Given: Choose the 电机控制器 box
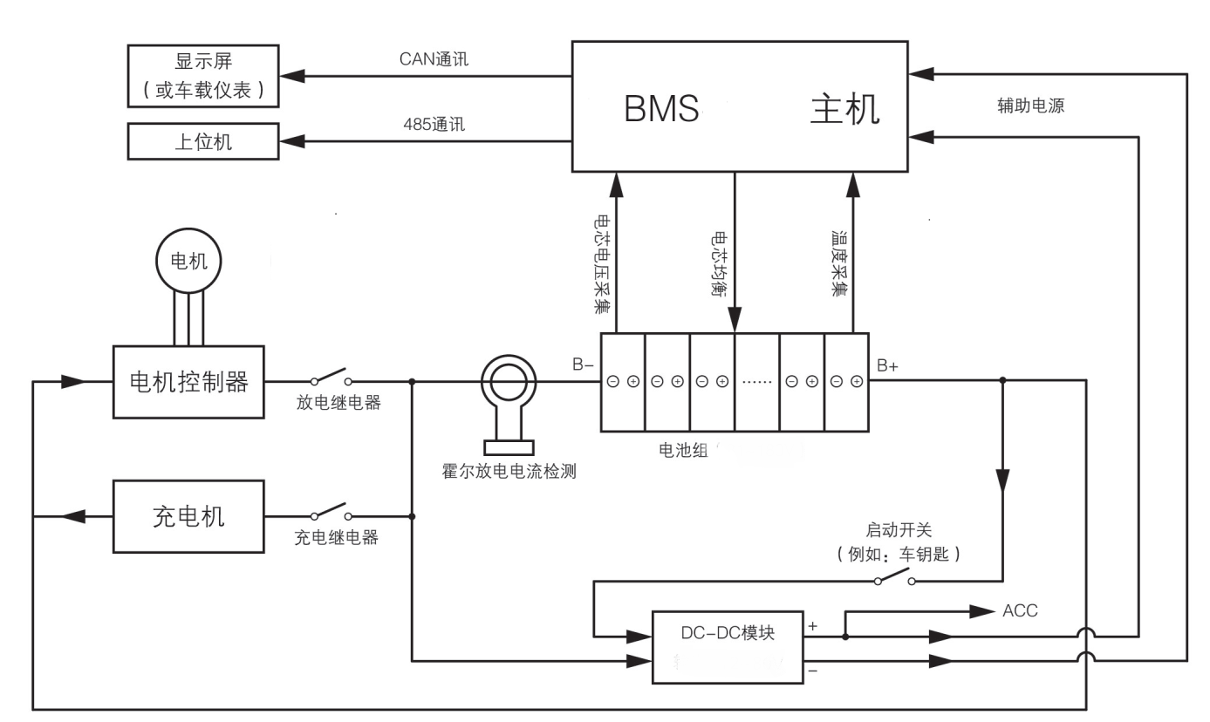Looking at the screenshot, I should click(188, 381).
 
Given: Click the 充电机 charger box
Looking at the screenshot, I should click(188, 516).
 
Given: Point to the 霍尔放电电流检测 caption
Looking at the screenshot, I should click(509, 473).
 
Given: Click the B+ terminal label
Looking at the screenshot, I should click(887, 366).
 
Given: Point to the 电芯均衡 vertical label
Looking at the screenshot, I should click(721, 262).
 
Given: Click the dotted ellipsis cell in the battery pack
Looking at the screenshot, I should click(755, 382).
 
